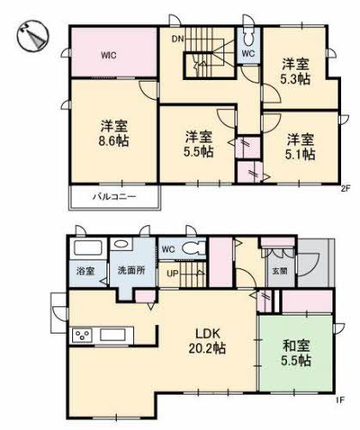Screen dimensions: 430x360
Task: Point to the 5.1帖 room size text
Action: (x=300, y=154)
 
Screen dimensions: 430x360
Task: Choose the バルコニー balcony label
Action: (x=115, y=198)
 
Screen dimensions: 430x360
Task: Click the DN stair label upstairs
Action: (x=177, y=40)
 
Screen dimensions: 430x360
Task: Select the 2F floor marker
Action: (x=347, y=188)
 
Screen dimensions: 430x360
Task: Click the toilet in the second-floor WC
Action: (x=248, y=40)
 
